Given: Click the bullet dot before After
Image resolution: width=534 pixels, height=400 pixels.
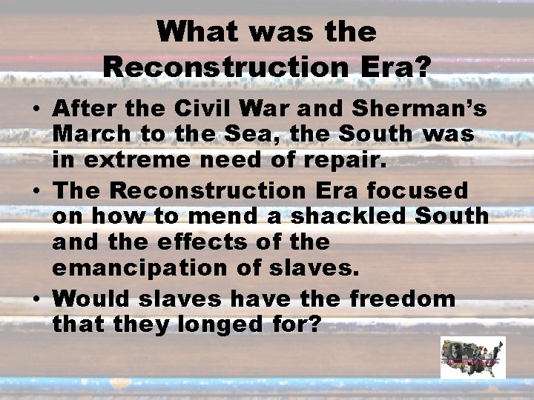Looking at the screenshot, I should point(36,110).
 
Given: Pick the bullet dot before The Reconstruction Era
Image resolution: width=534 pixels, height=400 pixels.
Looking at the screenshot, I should point(36,190).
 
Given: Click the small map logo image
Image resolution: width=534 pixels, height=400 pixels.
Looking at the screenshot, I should point(472,358).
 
